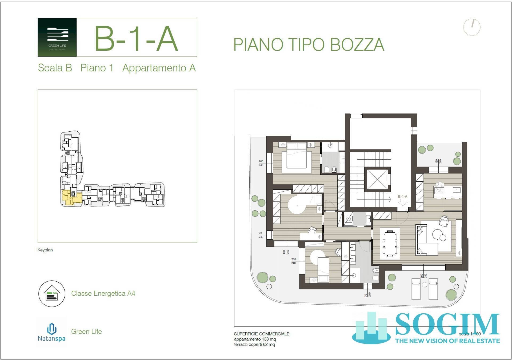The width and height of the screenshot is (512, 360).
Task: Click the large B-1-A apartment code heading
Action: point(136,39)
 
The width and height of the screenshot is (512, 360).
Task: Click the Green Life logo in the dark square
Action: point(57,37)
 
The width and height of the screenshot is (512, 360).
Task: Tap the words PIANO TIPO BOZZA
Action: point(309,45)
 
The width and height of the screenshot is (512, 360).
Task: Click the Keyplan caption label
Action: point(45,250)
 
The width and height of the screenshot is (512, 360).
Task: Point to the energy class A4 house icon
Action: point(52,294)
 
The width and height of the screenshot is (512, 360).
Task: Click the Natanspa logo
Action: point(51,332)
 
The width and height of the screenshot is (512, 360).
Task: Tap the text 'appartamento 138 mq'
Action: point(255,339)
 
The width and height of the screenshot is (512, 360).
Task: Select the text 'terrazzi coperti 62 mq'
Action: point(254,345)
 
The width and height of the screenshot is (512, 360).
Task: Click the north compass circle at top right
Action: point(472,27)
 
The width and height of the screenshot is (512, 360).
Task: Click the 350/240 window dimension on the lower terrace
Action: point(423,276)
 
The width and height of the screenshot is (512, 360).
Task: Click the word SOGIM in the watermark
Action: point(447,324)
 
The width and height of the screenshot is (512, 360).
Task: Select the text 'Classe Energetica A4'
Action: point(103,294)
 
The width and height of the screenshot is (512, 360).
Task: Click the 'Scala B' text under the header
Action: point(55,68)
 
